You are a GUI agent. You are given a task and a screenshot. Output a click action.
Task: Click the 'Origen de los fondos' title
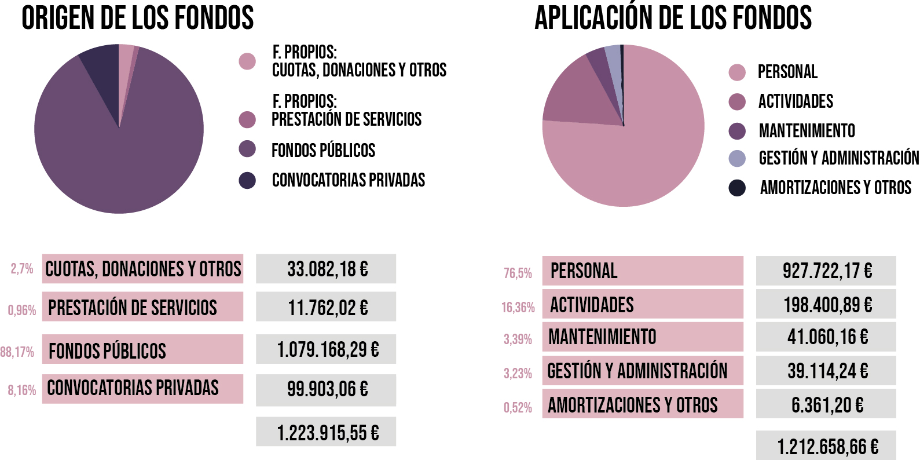coord(138,18)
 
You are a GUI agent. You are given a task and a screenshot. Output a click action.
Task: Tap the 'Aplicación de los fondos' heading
coord(673,18)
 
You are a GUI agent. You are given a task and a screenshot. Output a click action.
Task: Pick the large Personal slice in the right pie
coord(631,156)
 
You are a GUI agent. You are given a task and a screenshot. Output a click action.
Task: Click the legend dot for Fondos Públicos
coord(247,149)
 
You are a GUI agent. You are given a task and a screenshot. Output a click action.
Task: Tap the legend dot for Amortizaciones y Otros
coord(737,188)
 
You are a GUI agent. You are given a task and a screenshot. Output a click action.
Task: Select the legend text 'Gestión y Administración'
coord(838,158)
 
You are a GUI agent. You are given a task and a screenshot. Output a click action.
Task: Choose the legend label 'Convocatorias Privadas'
coord(349,180)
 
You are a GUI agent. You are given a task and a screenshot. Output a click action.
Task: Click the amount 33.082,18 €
coord(327,269)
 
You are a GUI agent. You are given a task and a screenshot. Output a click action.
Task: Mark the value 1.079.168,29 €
coord(327,349)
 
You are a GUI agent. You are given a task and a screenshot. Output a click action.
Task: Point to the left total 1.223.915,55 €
coord(327,432)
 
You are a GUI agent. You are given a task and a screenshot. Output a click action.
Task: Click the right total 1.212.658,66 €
coord(827,446)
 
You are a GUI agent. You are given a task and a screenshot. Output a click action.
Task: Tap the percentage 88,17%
coord(17,352)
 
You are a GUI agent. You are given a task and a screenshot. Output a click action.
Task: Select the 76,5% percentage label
coord(518,273)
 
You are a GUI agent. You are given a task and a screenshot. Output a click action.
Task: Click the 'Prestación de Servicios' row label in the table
coord(133,307)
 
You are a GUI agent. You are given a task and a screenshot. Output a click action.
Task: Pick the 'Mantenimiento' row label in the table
coord(602,337)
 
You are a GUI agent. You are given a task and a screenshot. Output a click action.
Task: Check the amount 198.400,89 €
coord(827,305)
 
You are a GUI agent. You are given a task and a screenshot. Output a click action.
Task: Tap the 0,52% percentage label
coord(518,407)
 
